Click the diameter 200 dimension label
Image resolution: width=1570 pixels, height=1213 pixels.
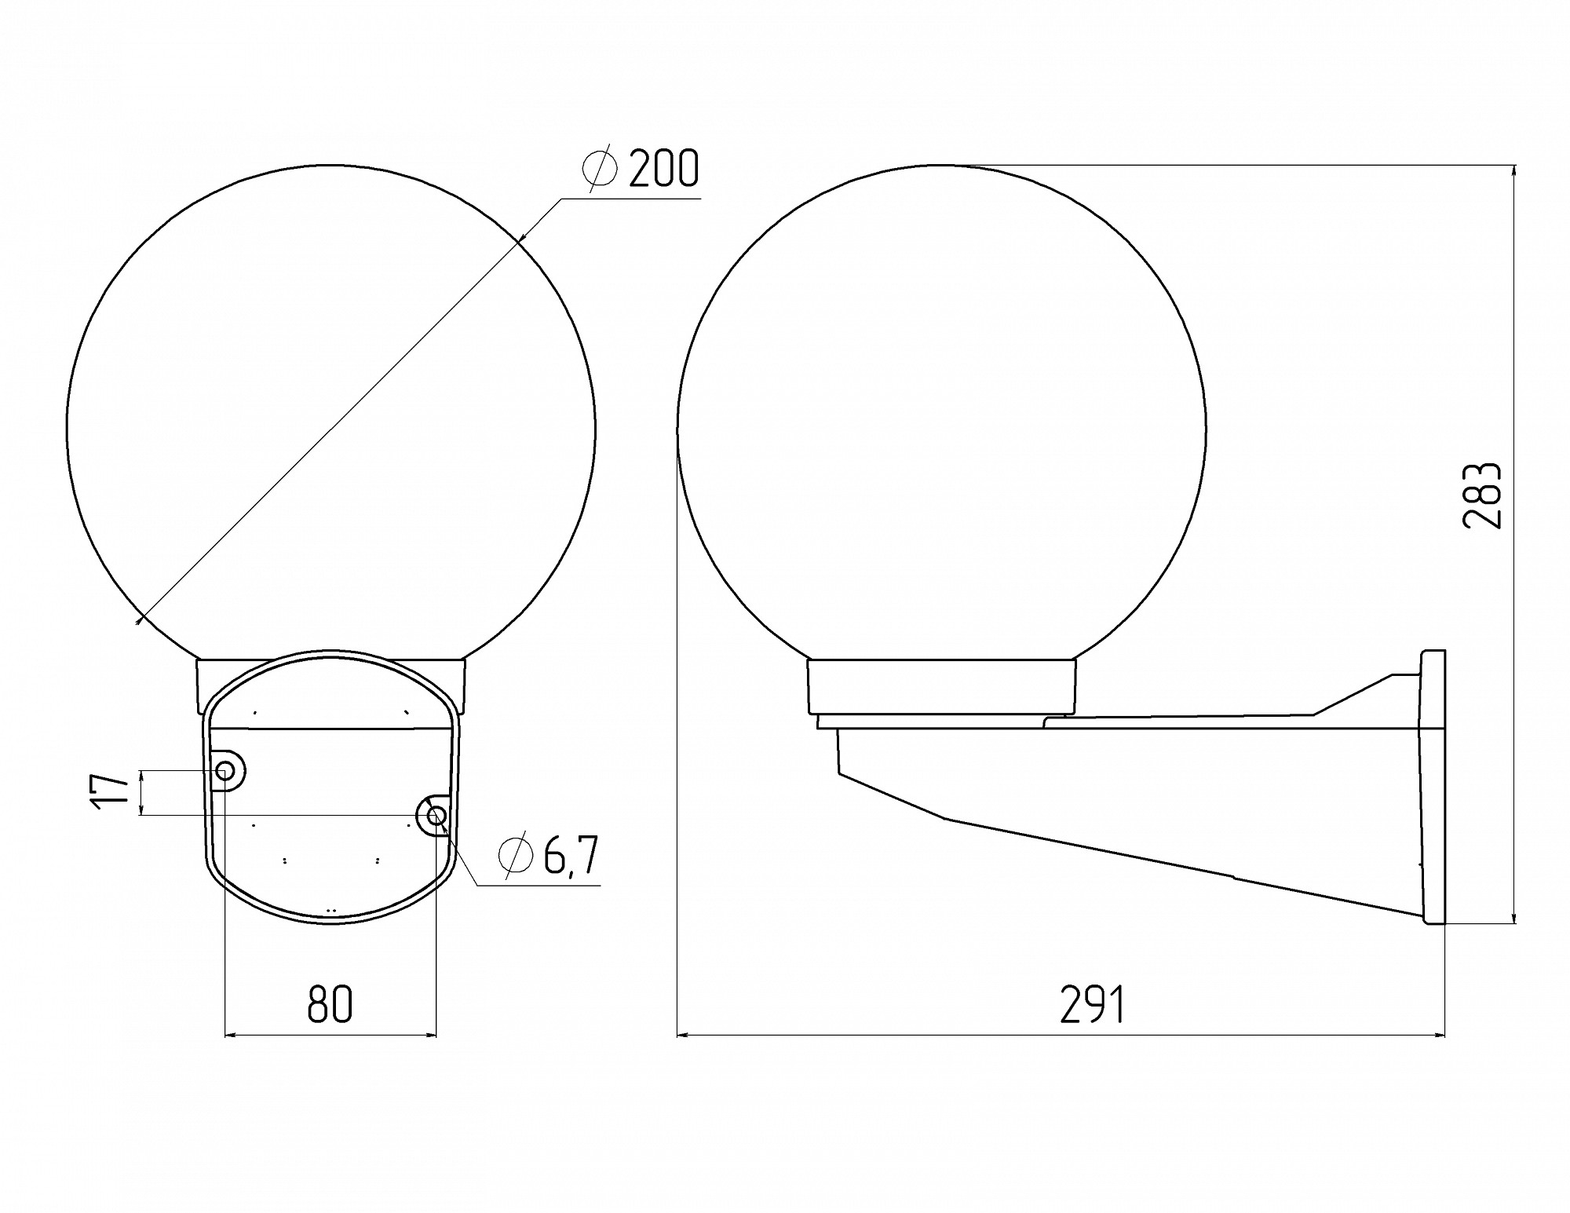click(x=640, y=168)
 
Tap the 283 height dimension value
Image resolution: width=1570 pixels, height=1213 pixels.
click(x=1482, y=495)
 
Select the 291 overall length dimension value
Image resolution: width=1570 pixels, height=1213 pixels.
click(x=1092, y=1004)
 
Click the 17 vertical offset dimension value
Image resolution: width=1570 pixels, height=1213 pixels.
click(x=109, y=791)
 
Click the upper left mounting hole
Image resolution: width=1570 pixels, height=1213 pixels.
click(x=225, y=771)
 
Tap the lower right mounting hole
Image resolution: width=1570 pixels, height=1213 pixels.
click(x=436, y=817)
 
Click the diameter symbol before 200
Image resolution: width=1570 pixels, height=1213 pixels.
click(x=601, y=168)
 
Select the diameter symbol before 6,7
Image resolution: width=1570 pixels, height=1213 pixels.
click(x=516, y=855)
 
